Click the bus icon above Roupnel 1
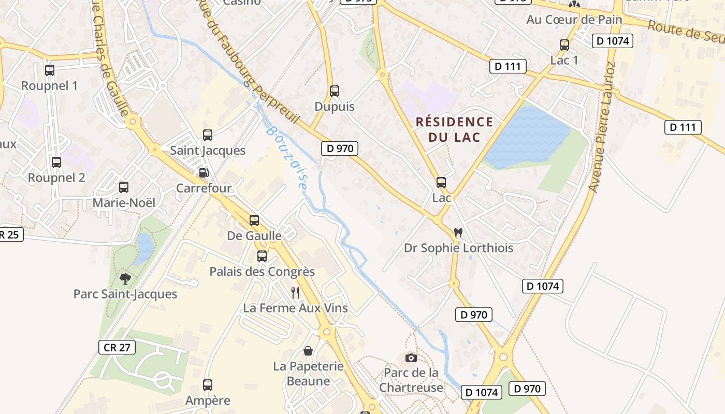[50, 70]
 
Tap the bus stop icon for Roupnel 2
[56, 162]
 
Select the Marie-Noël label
[124, 203]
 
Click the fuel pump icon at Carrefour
[204, 172]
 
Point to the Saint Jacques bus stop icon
[208, 135]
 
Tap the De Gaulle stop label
[254, 235]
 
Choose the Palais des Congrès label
[262, 271]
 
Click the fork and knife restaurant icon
[295, 293]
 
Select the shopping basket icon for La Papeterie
[308, 351]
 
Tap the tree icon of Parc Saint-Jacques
[125, 279]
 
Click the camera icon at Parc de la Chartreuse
[411, 358]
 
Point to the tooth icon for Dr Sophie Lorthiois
[458, 233]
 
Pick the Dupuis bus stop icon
[335, 91]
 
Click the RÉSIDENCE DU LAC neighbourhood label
[454, 129]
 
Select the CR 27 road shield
[117, 347]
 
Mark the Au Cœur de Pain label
[574, 20]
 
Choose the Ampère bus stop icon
[208, 385]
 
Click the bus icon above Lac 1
[564, 45]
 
